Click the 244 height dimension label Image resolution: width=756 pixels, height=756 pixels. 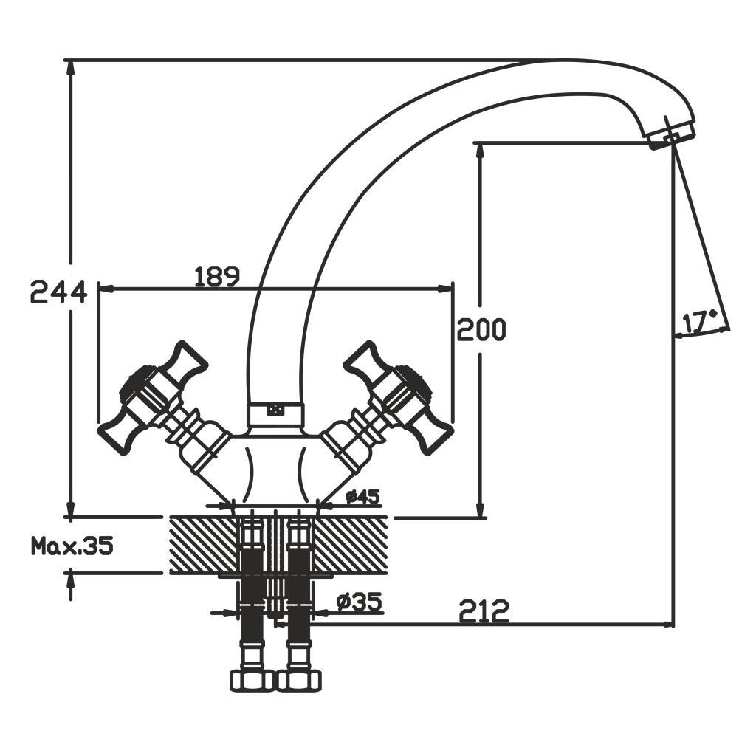59,291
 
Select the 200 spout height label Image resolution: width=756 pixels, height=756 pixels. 481,329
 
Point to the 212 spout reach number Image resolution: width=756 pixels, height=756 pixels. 484,611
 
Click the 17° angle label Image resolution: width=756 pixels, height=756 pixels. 699,323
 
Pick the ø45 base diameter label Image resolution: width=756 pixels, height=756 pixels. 363,496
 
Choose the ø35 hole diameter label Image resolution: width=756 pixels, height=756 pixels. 360,602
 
